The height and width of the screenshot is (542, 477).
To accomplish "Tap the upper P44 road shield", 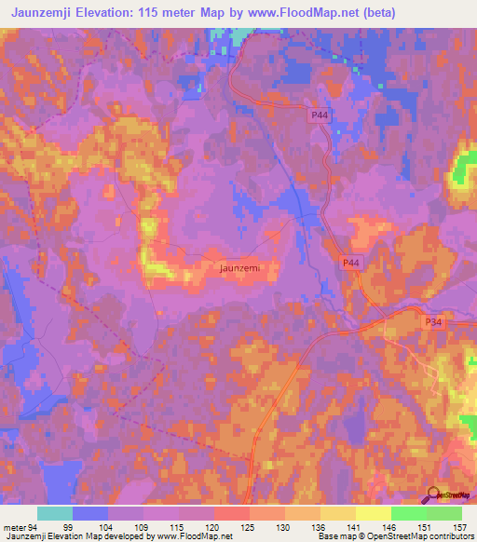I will pos(320,114).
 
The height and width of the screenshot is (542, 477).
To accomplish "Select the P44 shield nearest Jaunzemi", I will pos(350,264).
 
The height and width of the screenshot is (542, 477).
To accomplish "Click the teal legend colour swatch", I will pos(55,513).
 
